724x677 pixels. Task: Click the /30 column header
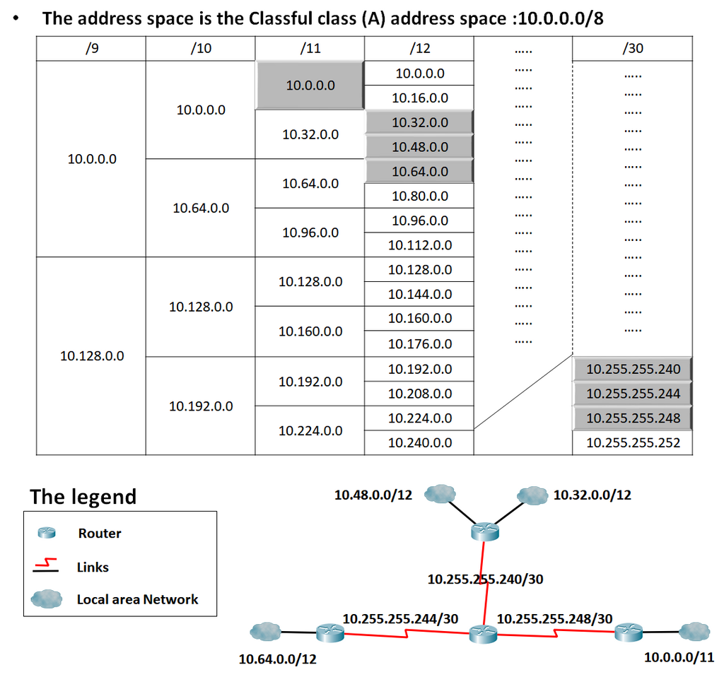632,48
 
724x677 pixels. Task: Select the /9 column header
91,48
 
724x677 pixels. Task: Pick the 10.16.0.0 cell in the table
419,98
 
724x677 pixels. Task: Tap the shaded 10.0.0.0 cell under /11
310,86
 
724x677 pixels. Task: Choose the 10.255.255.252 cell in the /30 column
633,442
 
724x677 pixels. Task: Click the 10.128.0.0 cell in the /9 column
91,355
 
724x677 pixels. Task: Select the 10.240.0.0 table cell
419,442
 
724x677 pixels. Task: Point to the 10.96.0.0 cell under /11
310,232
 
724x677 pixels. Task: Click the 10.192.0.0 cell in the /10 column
200,406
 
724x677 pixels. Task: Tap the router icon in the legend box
47,533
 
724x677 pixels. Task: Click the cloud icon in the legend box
47,599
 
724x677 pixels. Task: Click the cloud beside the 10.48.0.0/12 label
440,493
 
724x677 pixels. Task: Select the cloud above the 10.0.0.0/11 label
694,631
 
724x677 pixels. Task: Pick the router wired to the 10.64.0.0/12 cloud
330,632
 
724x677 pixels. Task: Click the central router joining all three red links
483,634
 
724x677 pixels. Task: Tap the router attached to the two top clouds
485,531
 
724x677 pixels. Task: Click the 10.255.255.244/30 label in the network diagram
400,618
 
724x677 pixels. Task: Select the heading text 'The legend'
83,497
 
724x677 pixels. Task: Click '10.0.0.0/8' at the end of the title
561,18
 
